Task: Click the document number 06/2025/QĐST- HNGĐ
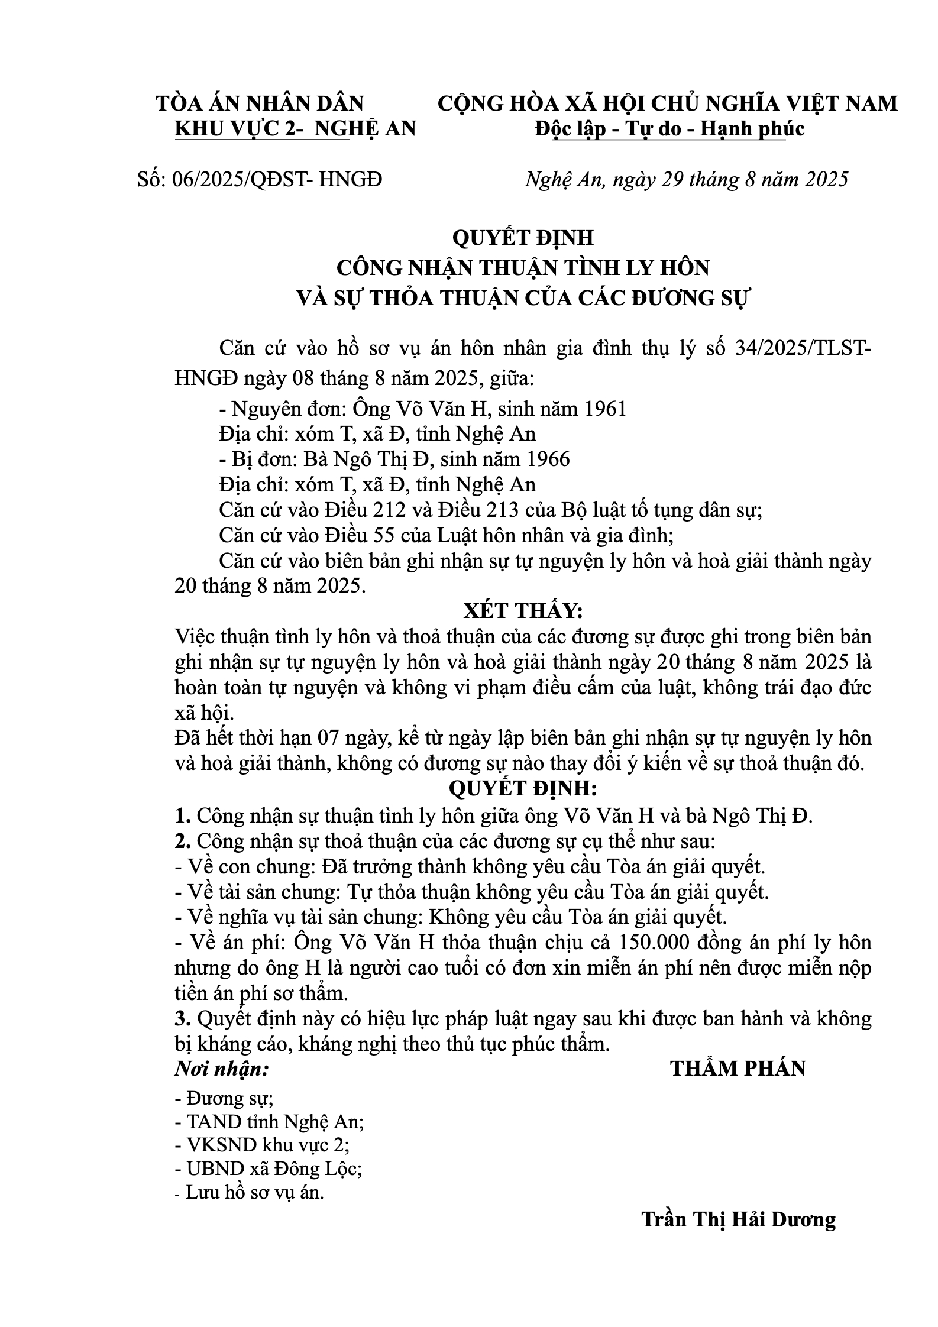pyautogui.click(x=276, y=179)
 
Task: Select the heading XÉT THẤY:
pyautogui.click(x=523, y=611)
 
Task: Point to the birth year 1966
pyautogui.click(x=548, y=459)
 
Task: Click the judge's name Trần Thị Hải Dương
pyautogui.click(x=739, y=1219)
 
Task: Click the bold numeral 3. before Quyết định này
pyautogui.click(x=182, y=1018)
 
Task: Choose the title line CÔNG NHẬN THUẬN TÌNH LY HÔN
pyautogui.click(x=523, y=268)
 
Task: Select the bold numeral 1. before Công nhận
pyautogui.click(x=182, y=816)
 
